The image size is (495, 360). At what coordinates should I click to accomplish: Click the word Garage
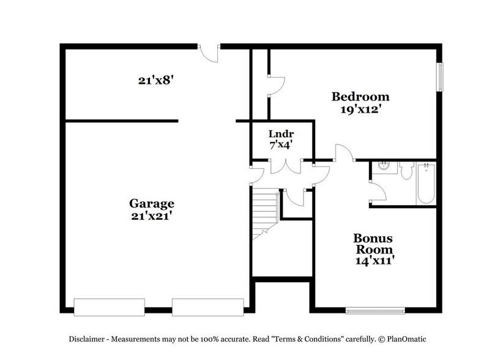click(151, 204)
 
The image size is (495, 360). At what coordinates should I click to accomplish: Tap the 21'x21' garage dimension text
click(151, 216)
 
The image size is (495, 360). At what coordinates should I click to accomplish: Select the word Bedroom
click(360, 97)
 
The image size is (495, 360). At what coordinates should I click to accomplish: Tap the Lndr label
click(281, 134)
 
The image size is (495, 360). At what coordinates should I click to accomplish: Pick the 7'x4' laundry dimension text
click(281, 145)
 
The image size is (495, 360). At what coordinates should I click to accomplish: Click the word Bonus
click(372, 238)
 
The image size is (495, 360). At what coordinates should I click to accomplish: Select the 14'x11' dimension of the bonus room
click(372, 260)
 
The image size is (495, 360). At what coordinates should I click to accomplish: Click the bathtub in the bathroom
click(425, 184)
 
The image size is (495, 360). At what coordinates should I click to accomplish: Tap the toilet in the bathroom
click(406, 170)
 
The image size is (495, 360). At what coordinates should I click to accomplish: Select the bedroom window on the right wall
click(439, 77)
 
